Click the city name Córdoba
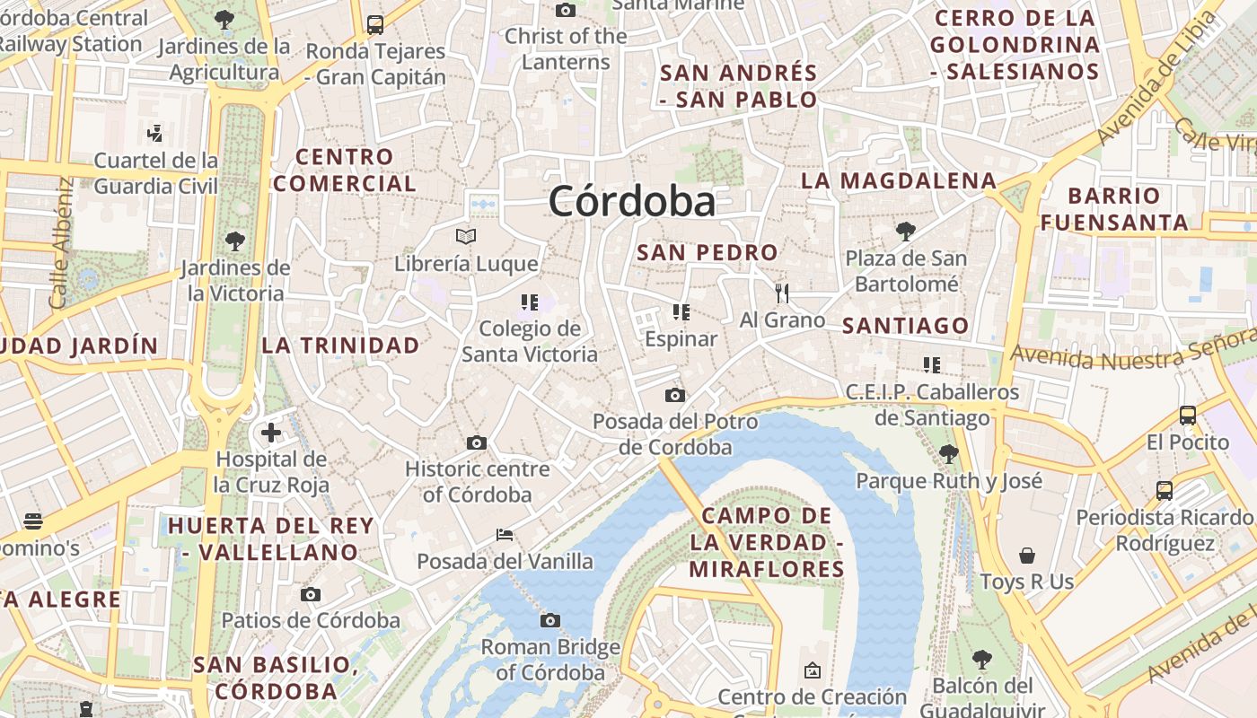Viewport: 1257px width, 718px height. [x=632, y=201]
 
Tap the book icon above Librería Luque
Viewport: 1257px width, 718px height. [x=465, y=237]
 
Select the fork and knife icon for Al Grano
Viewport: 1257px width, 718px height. [x=782, y=293]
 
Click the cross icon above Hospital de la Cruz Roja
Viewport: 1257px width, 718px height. [x=270, y=433]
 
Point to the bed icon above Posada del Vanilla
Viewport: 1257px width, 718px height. [x=505, y=536]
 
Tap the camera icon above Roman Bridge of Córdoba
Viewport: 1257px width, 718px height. [x=550, y=620]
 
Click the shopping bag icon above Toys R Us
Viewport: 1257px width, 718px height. [x=1026, y=556]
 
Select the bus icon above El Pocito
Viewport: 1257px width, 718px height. [x=1187, y=416]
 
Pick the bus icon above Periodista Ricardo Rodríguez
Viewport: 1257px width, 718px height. [x=1165, y=491]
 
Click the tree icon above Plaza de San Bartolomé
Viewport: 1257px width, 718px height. [x=905, y=232]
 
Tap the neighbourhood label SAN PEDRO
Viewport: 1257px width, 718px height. [x=707, y=253]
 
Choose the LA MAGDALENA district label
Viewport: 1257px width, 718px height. [x=898, y=180]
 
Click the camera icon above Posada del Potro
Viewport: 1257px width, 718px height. [x=675, y=395]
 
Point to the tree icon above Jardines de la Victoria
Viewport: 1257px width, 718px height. [x=234, y=241]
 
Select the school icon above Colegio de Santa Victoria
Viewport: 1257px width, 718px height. [x=529, y=302]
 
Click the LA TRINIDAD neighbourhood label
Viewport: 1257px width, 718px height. [x=340, y=346]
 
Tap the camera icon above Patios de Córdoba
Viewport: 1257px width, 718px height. [x=311, y=594]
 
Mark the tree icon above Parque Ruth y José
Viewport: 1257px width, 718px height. [x=949, y=454]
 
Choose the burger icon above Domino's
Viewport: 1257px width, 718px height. [x=33, y=521]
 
